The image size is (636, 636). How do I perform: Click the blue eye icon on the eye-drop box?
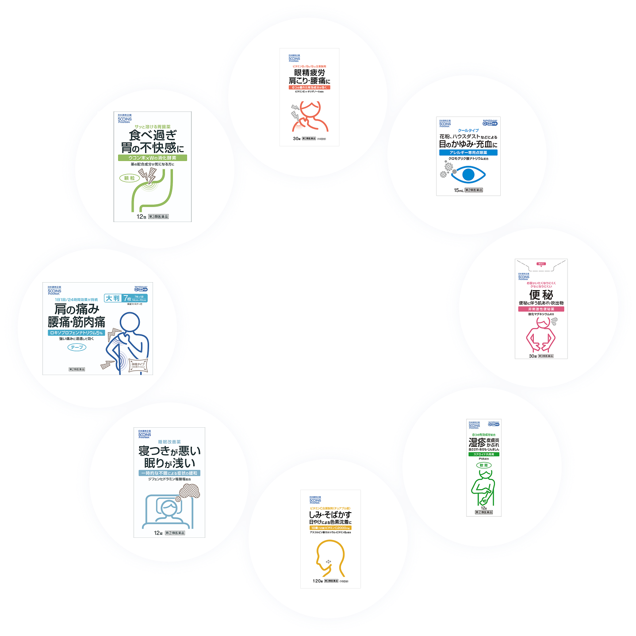pos(468,174)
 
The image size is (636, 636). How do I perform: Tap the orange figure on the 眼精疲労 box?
pos(310,117)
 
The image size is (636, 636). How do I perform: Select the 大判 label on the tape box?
pos(112,298)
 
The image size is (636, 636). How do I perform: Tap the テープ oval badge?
pos(77,347)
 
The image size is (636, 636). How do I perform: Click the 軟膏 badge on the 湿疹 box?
pos(484,465)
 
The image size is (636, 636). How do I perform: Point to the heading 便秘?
pos(541,295)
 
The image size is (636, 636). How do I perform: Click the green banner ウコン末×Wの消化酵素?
pos(153,158)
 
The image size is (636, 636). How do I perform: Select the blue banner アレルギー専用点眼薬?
pos(468,153)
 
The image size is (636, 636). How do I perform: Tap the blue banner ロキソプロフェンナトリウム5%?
pos(77,333)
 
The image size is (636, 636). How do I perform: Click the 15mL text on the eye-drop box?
pos(458,190)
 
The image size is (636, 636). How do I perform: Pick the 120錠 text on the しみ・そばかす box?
pos(318,581)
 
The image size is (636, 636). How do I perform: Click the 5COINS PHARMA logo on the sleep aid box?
pos(145,434)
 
